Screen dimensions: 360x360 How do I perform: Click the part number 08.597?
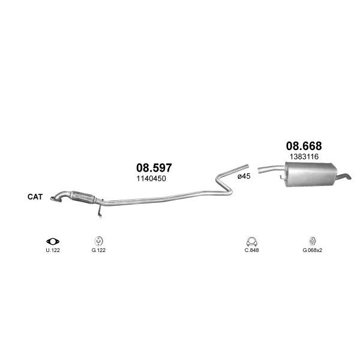click(x=154, y=168)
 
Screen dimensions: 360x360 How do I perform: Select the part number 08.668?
click(x=304, y=146)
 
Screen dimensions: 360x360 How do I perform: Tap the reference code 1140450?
click(x=151, y=179)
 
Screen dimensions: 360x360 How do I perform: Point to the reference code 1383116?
click(x=304, y=157)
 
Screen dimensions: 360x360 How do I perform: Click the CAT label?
click(x=35, y=197)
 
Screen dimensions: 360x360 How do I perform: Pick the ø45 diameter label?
click(x=244, y=176)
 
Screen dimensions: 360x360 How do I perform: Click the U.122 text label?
click(x=53, y=250)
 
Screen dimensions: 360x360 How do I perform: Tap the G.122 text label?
click(x=98, y=250)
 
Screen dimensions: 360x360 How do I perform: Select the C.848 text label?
click(x=251, y=250)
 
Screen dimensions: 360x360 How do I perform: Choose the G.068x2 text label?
click(x=312, y=250)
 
